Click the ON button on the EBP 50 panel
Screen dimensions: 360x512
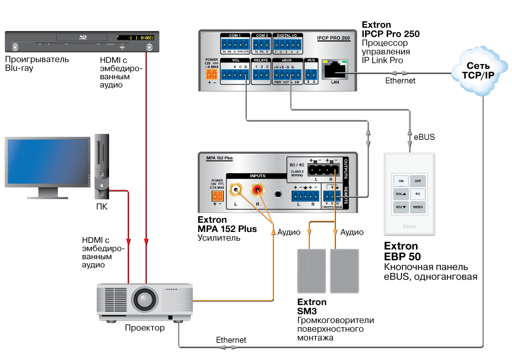click(x=401, y=181)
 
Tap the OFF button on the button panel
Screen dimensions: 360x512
click(x=418, y=181)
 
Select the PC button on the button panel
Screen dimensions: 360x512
click(x=418, y=194)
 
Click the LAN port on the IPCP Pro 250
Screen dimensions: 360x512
click(x=336, y=69)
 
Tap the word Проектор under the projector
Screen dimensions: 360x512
click(x=145, y=328)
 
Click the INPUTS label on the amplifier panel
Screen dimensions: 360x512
click(x=258, y=176)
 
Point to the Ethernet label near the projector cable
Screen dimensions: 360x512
click(x=231, y=340)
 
